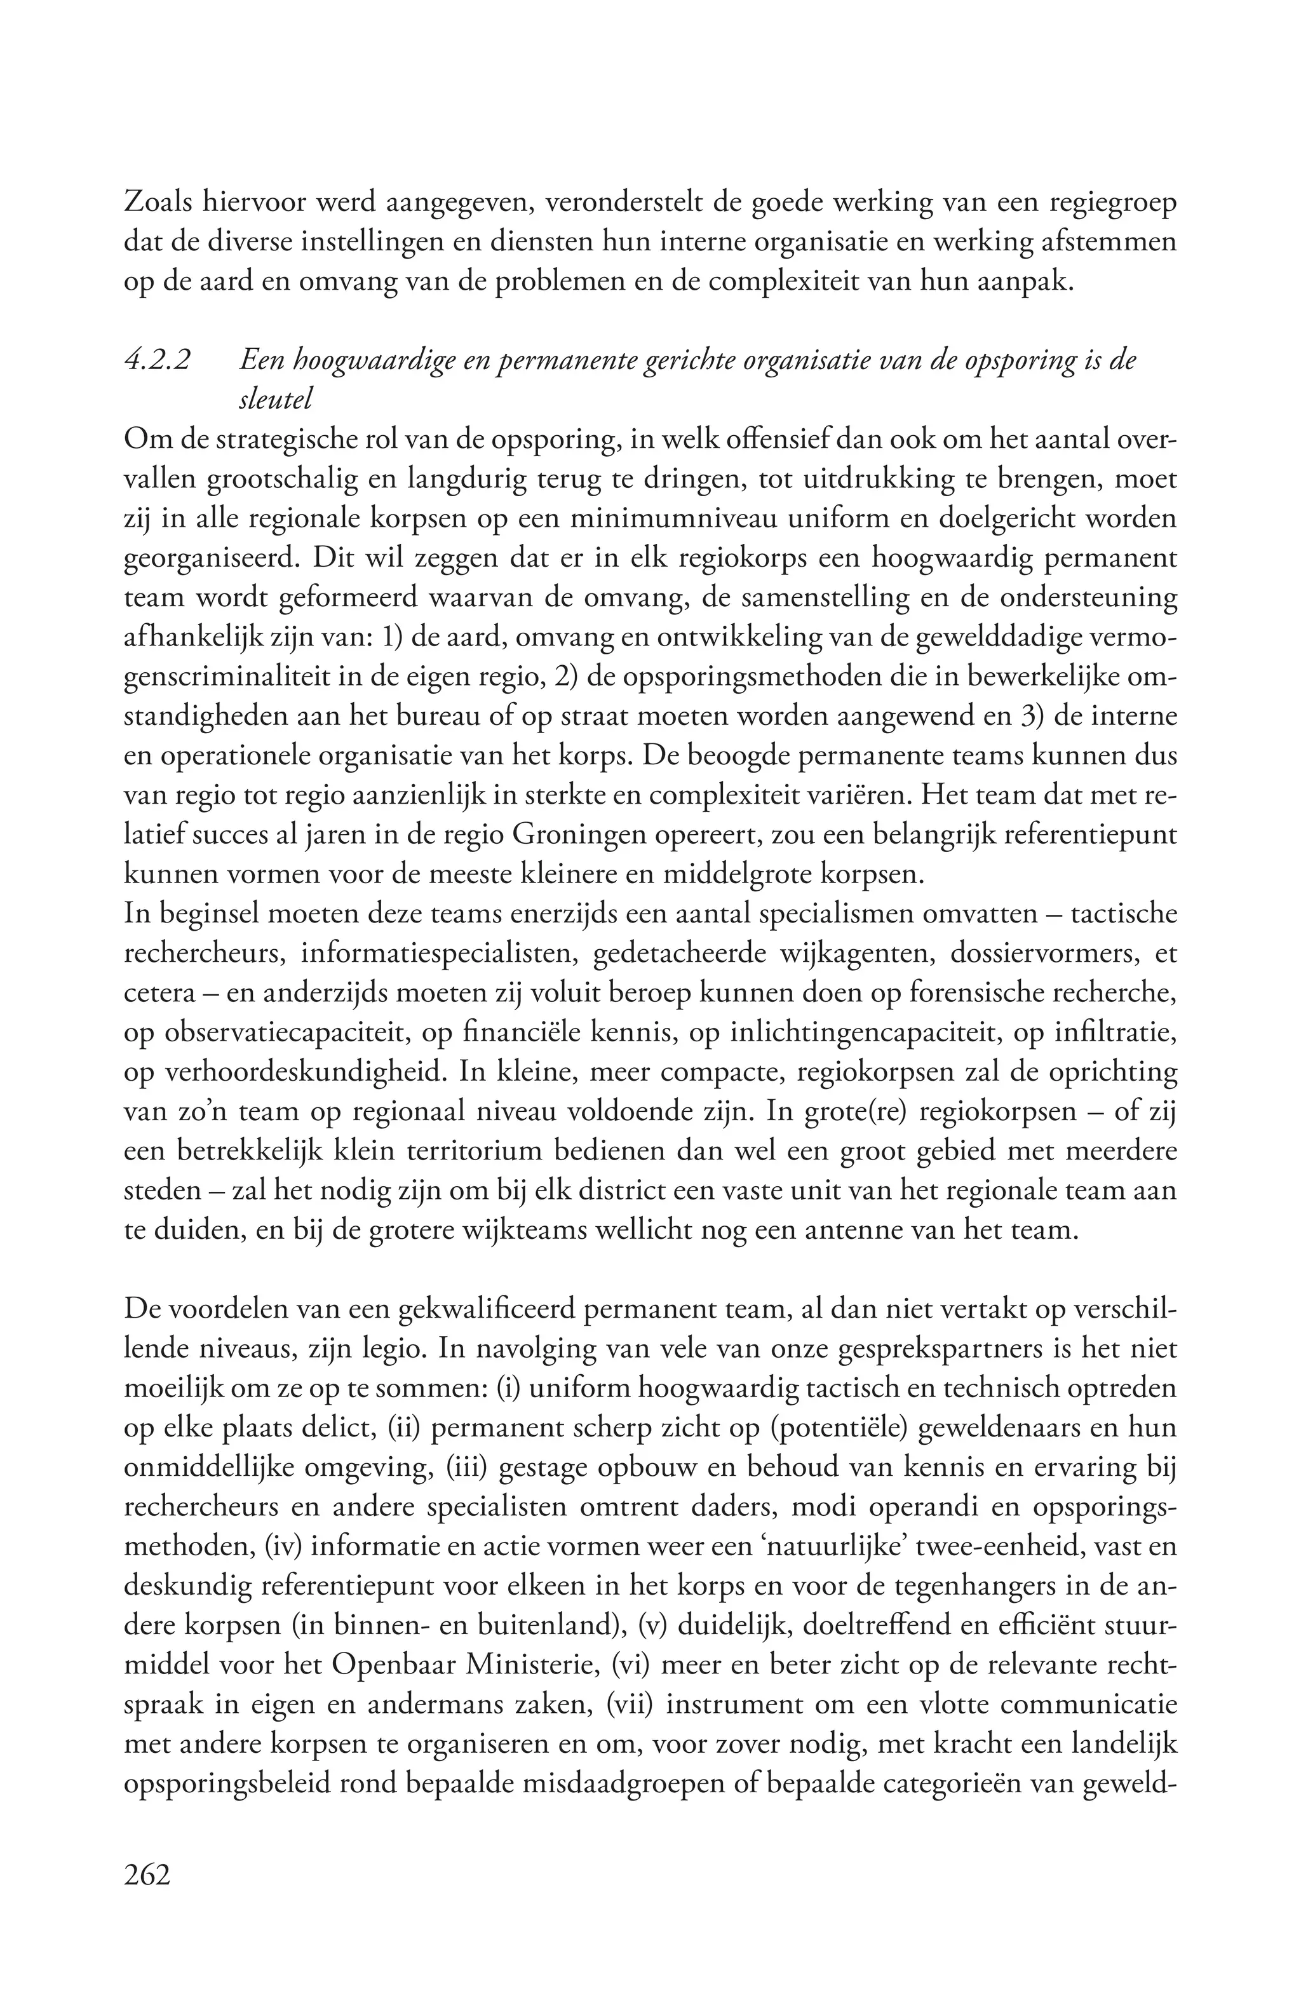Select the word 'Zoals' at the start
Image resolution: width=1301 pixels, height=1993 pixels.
coord(158,203)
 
